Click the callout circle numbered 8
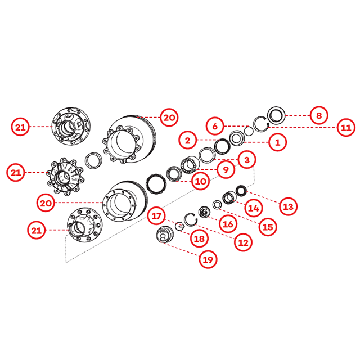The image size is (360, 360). (319, 115)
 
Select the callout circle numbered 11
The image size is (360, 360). (346, 128)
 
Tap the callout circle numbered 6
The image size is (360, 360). (215, 126)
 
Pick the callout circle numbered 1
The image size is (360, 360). (277, 142)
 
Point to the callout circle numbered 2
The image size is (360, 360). (188, 140)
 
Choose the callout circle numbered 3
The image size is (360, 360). (247, 160)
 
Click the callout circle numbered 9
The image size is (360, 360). (226, 170)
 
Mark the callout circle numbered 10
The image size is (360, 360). (200, 181)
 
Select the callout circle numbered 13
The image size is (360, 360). (289, 206)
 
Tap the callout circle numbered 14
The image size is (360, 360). (254, 208)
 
